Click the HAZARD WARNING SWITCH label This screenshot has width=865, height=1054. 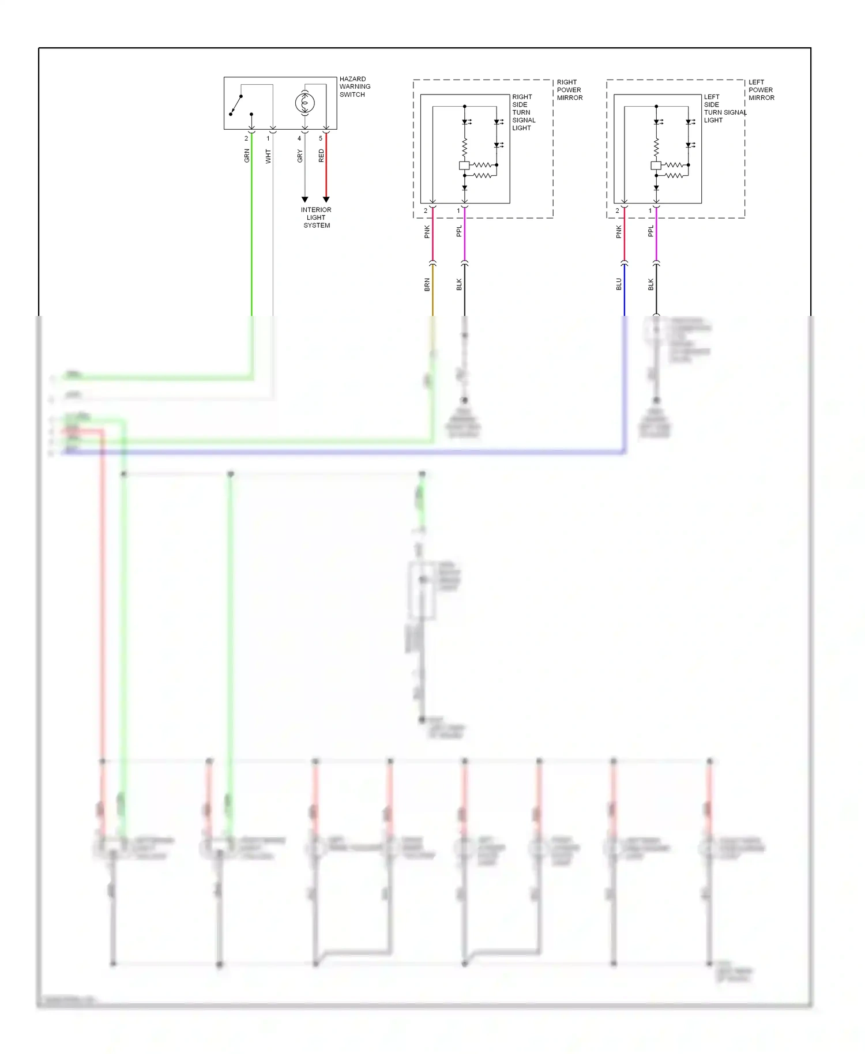[354, 86]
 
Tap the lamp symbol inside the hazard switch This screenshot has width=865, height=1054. [304, 103]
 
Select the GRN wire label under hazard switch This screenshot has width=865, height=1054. [247, 155]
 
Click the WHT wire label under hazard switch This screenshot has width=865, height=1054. [268, 156]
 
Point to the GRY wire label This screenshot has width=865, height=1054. [300, 156]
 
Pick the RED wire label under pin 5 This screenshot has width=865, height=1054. [321, 155]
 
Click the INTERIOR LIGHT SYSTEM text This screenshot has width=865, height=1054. [316, 217]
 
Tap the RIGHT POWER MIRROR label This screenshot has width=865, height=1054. [569, 90]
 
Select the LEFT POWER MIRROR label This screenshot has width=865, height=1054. [761, 90]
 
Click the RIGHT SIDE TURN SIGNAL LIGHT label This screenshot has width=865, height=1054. [523, 112]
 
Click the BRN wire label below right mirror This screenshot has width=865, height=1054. [427, 284]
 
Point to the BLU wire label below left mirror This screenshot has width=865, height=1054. [619, 284]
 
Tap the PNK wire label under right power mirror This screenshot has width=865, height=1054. [427, 232]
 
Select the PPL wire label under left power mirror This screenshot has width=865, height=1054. [651, 231]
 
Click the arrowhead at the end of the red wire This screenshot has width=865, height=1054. [326, 199]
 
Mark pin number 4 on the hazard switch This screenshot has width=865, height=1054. [299, 138]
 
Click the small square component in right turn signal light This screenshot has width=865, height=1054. [464, 165]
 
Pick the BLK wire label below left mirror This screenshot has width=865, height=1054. [651, 284]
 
